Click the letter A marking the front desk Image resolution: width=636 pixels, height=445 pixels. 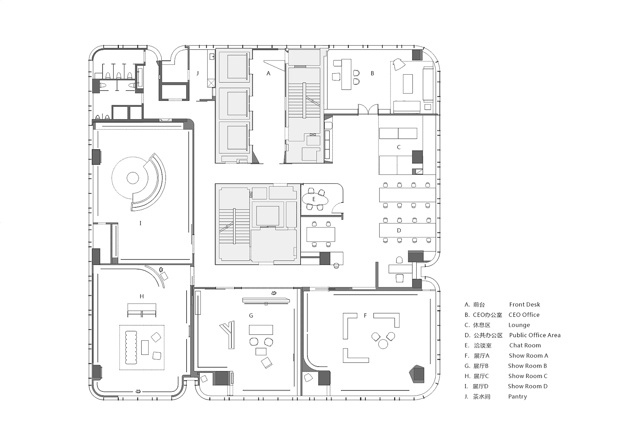point(268,73)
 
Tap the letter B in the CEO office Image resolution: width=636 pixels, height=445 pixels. point(372,73)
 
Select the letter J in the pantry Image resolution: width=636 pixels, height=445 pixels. point(198,73)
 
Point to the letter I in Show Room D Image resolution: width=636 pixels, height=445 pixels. point(140,223)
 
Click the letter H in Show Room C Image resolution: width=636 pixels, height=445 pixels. point(141,296)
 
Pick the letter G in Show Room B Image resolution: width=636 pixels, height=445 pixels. point(251,315)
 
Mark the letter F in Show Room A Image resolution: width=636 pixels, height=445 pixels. point(365,315)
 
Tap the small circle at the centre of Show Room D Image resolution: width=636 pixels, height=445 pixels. point(133,178)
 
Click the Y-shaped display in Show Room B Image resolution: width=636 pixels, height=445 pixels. point(228,334)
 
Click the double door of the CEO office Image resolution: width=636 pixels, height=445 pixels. point(368,109)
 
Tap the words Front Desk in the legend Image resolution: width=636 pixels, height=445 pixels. point(525,305)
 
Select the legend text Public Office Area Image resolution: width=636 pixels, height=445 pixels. point(535,335)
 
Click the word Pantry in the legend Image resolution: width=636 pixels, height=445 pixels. point(517,396)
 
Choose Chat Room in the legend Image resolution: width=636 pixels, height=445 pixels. point(525,346)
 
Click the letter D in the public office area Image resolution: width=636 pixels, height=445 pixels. point(399,230)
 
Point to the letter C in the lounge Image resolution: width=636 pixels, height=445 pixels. point(399,147)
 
